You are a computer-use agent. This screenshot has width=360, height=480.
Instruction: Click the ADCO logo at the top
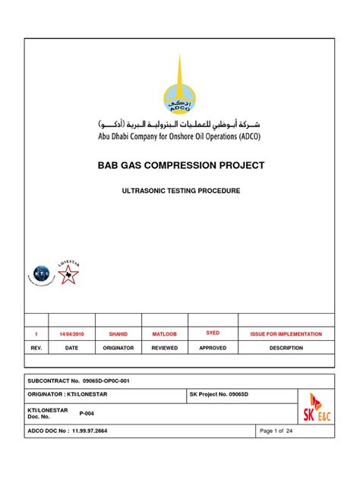click(180, 87)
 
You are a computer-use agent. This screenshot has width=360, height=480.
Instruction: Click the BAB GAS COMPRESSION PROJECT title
click(180, 165)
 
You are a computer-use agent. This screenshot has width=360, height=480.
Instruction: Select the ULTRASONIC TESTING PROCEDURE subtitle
click(180, 191)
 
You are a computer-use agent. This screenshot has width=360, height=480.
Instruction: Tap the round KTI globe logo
click(43, 275)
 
